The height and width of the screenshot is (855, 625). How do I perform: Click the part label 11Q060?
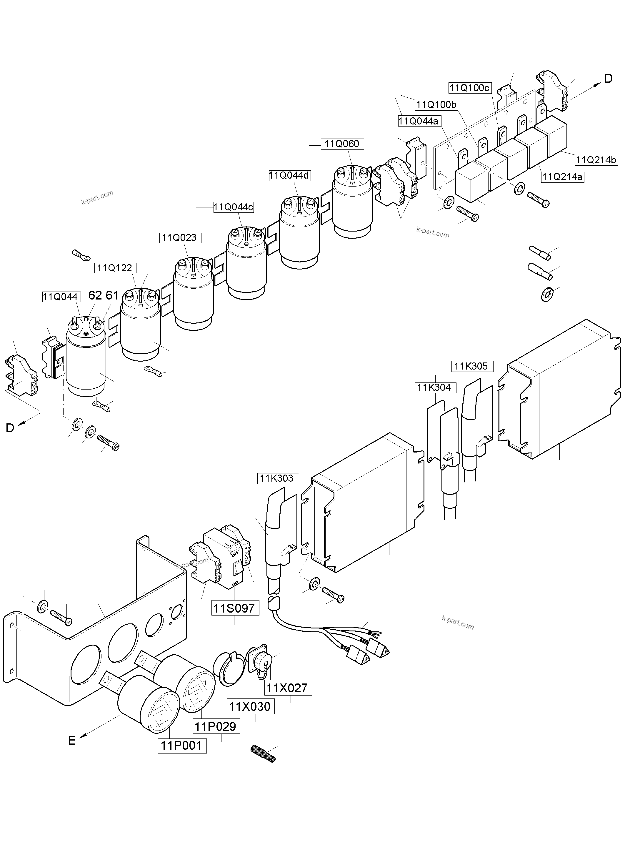pyautogui.click(x=342, y=144)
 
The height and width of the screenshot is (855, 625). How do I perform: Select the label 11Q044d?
pyautogui.click(x=289, y=175)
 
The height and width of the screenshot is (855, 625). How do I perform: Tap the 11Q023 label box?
pyautogui.click(x=179, y=238)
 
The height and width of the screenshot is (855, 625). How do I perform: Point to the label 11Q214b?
pyautogui.click(x=596, y=160)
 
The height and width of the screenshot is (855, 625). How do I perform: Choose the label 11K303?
pyautogui.click(x=276, y=478)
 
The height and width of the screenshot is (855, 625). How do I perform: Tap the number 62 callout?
pyautogui.click(x=95, y=295)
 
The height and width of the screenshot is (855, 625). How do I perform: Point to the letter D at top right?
pyautogui.click(x=608, y=79)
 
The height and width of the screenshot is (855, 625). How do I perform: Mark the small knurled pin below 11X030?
pyautogui.click(x=263, y=753)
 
